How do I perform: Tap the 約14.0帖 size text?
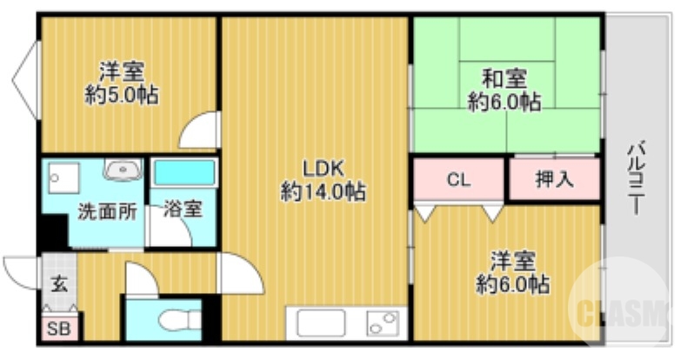pos(323,190)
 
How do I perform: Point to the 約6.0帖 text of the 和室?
pos(504,102)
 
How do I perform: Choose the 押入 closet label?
pos(554,181)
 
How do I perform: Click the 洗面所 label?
pos(106,210)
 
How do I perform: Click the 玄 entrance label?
pos(57,283)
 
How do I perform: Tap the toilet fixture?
pos(177,320)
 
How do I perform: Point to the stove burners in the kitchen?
pos(382,323)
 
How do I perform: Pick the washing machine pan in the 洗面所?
pos(65,180)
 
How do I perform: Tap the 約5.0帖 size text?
pos(122,95)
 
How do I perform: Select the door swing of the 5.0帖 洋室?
pos(201,132)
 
